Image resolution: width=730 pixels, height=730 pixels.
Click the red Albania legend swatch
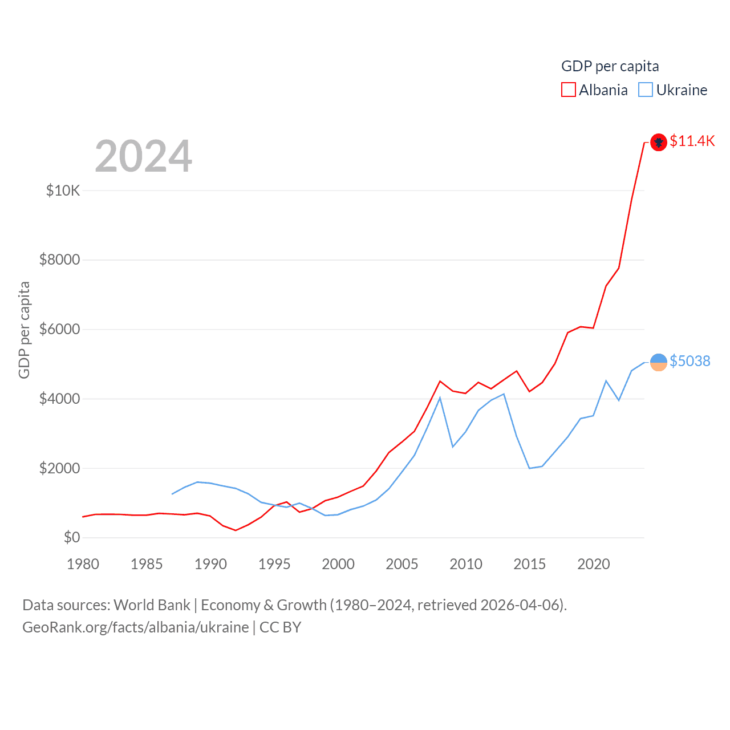pyautogui.click(x=569, y=90)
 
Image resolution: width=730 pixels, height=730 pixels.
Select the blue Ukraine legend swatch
pyautogui.click(x=646, y=90)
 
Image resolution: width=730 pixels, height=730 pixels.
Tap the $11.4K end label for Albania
pyautogui.click(x=692, y=141)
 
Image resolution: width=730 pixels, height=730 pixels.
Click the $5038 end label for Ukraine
pyautogui.click(x=690, y=361)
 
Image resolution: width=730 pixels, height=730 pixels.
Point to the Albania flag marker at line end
pyautogui.click(x=659, y=142)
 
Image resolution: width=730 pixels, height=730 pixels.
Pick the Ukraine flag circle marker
pyautogui.click(x=659, y=362)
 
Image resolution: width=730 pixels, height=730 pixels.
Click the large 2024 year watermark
pyautogui.click(x=144, y=156)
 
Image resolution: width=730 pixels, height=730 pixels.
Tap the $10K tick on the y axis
pyautogui.click(x=63, y=190)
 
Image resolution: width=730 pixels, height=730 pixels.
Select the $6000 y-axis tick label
pyautogui.click(x=59, y=329)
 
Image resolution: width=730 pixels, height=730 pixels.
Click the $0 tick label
pyautogui.click(x=72, y=537)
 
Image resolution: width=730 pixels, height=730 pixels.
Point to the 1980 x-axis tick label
pyautogui.click(x=83, y=564)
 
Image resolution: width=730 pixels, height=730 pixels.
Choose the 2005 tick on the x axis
pyautogui.click(x=402, y=564)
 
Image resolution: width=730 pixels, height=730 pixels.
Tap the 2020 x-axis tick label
pyautogui.click(x=594, y=564)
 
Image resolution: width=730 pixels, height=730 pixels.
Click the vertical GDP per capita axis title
pyautogui.click(x=24, y=330)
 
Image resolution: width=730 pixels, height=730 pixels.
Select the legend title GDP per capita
pyautogui.click(x=610, y=66)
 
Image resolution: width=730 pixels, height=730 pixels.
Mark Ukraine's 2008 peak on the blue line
pyautogui.click(x=440, y=398)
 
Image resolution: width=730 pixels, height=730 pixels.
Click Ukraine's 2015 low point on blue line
pyautogui.click(x=529, y=468)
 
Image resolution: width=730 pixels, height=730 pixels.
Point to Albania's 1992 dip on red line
pyautogui.click(x=236, y=530)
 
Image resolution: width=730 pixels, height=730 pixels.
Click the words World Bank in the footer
pyautogui.click(x=152, y=605)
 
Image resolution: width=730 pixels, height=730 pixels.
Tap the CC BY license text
pyautogui.click(x=280, y=627)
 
